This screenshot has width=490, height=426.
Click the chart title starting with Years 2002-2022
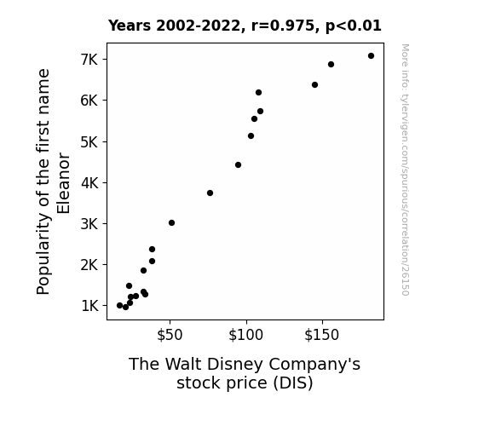(x=245, y=26)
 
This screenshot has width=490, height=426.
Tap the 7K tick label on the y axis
(x=89, y=60)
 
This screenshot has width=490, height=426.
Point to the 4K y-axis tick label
(x=89, y=183)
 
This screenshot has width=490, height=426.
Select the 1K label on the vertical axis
(x=90, y=306)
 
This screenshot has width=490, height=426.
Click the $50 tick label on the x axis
(x=170, y=335)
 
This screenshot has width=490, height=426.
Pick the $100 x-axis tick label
(x=246, y=335)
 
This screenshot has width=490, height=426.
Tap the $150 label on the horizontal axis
(x=322, y=335)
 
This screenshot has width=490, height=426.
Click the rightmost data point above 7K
(x=371, y=56)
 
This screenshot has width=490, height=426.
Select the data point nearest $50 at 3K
(x=171, y=223)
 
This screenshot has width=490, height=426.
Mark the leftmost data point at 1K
(x=119, y=305)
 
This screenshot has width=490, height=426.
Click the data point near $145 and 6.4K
(x=314, y=84)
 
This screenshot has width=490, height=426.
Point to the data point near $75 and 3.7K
(x=210, y=193)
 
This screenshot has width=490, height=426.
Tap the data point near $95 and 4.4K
(x=238, y=164)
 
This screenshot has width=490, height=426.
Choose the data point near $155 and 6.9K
(x=331, y=65)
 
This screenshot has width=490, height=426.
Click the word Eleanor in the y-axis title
(x=63, y=183)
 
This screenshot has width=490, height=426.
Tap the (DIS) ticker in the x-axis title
(x=293, y=383)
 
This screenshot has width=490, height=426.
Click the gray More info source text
(x=405, y=170)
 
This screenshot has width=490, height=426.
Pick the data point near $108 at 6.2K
(x=258, y=93)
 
